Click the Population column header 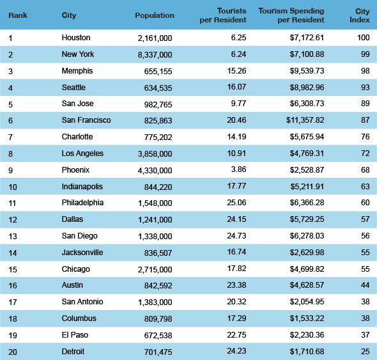155,15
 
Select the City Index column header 360,15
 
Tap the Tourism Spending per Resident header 291,15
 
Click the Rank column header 18,15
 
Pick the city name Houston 76,38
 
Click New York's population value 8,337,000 155,55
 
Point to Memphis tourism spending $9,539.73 307,71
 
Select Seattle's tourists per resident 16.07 236,87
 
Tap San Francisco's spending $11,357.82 305,120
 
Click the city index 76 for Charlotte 365,137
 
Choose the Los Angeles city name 82,153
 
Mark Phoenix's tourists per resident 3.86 238,169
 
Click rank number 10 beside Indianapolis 13,187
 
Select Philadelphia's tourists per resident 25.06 236,203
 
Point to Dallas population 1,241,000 155,220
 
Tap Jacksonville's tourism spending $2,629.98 307,253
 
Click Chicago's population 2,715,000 155,269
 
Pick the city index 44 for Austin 365,285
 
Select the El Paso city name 75,335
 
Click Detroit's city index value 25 365,352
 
